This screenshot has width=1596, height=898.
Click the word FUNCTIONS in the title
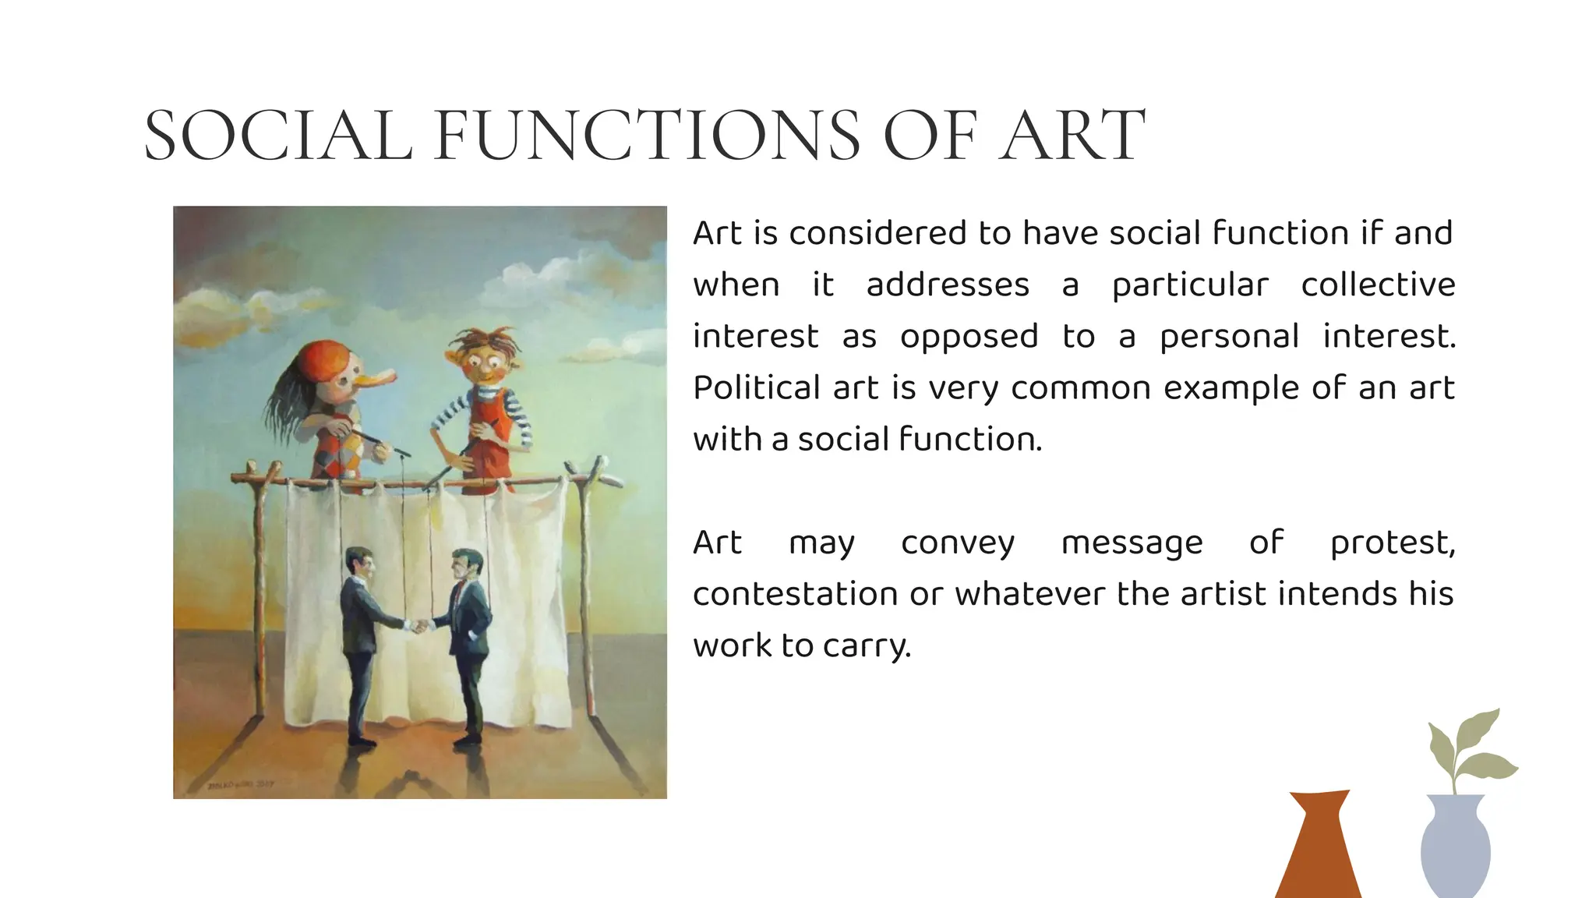647,136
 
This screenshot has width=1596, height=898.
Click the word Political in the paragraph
757,388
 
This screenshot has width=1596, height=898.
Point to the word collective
1378,285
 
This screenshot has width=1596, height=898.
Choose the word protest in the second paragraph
1391,543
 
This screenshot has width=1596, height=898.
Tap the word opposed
969,337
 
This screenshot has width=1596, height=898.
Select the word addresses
948,285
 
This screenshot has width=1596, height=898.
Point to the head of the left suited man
359,561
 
